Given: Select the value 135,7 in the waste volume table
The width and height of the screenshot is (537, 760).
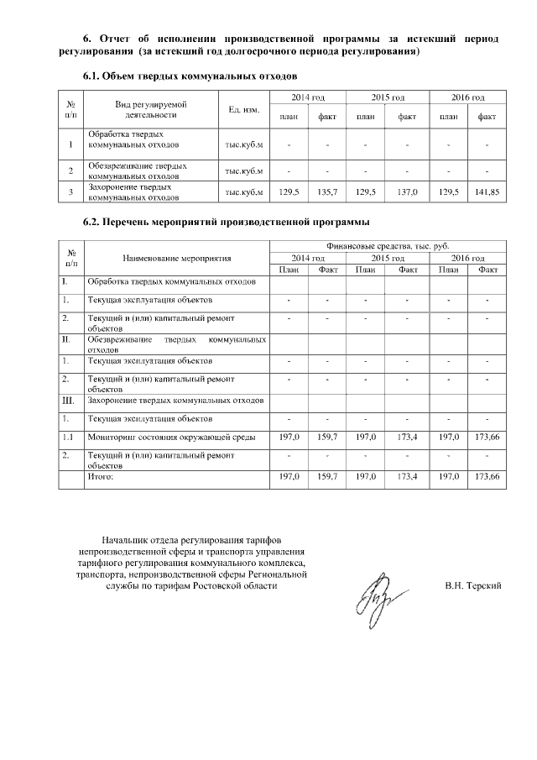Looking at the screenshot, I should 328,192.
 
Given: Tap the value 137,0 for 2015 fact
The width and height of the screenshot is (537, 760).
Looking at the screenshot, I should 407,192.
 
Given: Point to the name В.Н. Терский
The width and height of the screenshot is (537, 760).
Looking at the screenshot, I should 473,584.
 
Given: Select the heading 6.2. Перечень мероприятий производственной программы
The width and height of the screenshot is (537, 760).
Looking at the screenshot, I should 225,223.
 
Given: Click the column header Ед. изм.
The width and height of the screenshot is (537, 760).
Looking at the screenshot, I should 243,109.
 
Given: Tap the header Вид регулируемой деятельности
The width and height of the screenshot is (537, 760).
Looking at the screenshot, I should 150,109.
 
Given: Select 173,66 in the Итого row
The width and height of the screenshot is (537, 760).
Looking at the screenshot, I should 487,476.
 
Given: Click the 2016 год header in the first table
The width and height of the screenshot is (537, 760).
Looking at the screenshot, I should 467,98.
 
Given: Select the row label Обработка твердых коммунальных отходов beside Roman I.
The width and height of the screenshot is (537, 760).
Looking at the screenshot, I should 172,281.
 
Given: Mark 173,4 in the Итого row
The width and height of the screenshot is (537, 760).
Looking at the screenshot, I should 409,476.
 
